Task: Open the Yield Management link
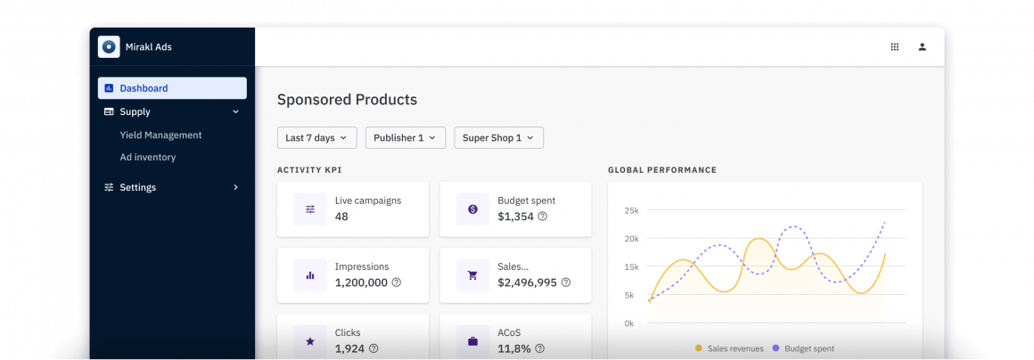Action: (x=160, y=135)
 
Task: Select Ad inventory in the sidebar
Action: (x=147, y=158)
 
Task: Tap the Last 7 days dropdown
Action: (x=316, y=138)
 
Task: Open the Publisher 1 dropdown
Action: (x=405, y=138)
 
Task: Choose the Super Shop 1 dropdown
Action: (x=498, y=138)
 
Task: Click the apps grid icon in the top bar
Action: (x=895, y=47)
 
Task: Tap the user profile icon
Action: (x=923, y=47)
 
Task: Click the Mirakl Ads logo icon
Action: (x=109, y=47)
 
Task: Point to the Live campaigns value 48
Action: (x=341, y=217)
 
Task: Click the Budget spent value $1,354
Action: (x=515, y=217)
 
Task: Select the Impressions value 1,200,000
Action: (x=361, y=282)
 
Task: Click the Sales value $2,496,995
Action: (x=527, y=282)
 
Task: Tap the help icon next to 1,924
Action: (x=374, y=348)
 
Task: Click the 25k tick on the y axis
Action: (x=631, y=210)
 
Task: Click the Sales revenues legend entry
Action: (x=730, y=348)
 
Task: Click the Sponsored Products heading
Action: (x=347, y=100)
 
